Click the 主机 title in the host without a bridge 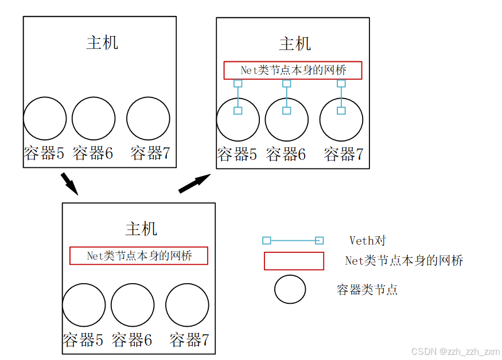point(102,42)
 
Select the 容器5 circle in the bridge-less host point(45,119)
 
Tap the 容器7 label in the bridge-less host point(150,153)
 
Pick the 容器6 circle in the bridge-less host point(94,119)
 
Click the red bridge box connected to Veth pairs point(293,70)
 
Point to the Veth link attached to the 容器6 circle point(287,97)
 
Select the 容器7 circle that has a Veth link point(341,120)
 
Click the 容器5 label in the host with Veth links point(237,154)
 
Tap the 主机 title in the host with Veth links point(295,44)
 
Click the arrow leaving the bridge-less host point(68,183)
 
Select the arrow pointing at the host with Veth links point(194,183)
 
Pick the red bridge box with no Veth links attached point(138,256)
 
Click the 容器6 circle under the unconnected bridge point(133,305)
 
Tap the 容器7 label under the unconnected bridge point(189,340)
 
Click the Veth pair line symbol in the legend point(293,241)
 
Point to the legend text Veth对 point(368,241)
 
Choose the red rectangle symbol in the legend point(294,261)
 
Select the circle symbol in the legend point(290,289)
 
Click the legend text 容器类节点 point(367,289)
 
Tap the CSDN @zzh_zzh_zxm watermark point(456,351)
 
